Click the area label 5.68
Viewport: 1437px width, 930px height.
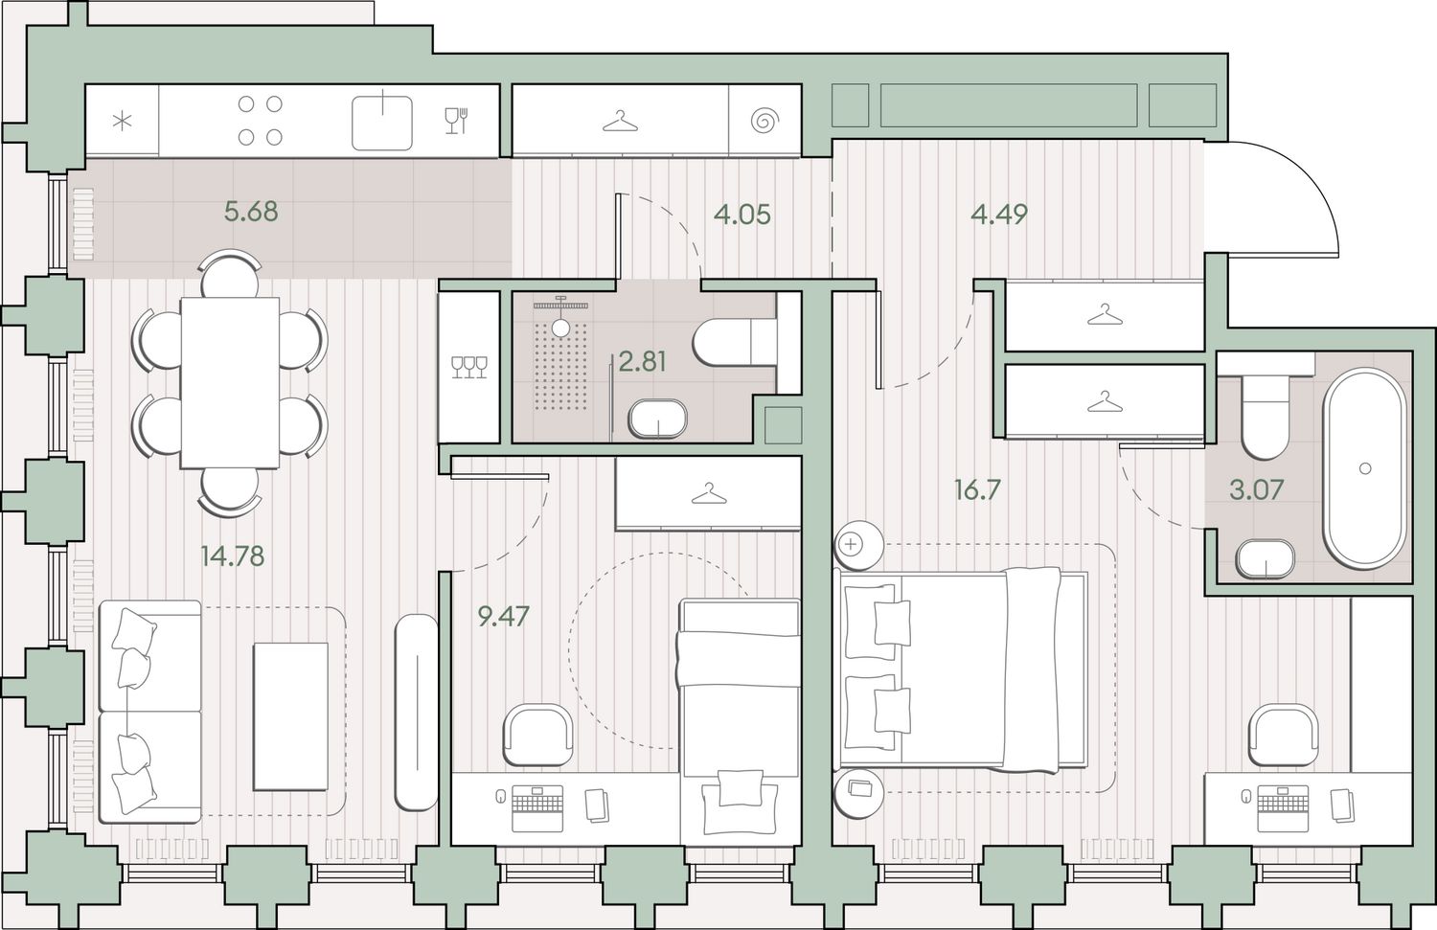(x=251, y=211)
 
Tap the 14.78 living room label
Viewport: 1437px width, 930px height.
(x=232, y=556)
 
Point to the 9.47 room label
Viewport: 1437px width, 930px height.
(x=504, y=617)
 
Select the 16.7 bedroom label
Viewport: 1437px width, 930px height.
(x=977, y=490)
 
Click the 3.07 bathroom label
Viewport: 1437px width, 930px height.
(x=1256, y=490)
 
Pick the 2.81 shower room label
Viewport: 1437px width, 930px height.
(x=642, y=362)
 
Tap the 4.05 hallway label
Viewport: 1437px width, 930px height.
(x=742, y=215)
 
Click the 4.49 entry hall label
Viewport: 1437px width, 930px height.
(x=999, y=215)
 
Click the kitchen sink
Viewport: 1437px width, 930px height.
(x=381, y=123)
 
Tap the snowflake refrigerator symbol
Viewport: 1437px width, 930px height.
(x=122, y=122)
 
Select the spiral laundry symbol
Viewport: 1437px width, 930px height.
(x=764, y=121)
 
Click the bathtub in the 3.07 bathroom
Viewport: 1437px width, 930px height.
(x=1364, y=468)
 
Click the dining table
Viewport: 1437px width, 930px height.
(x=230, y=383)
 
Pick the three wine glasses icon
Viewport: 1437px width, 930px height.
(x=469, y=367)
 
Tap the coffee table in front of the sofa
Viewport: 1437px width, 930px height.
(x=290, y=716)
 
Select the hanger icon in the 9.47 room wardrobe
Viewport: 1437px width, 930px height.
(x=708, y=494)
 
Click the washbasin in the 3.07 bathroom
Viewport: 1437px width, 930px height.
(x=1266, y=558)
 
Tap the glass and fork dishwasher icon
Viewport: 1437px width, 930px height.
(x=456, y=121)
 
